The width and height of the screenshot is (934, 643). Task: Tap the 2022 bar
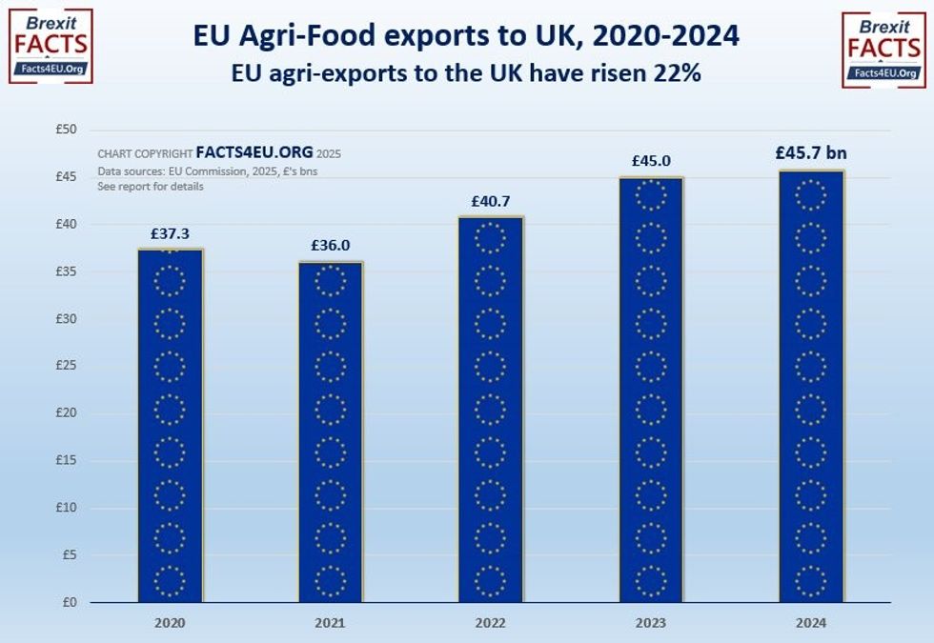pyautogui.click(x=491, y=410)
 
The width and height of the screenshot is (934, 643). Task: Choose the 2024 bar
pyautogui.click(x=811, y=386)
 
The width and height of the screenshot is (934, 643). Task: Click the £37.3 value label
pyautogui.click(x=170, y=233)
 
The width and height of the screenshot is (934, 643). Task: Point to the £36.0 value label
pyautogui.click(x=330, y=245)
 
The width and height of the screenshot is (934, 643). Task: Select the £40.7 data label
pyautogui.click(x=491, y=201)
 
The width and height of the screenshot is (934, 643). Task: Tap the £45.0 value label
pyautogui.click(x=651, y=161)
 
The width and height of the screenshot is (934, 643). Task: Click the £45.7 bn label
pyautogui.click(x=812, y=152)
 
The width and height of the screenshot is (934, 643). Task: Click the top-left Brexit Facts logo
pyautogui.click(x=51, y=47)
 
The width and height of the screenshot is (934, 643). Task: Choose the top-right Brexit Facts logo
pyautogui.click(x=883, y=50)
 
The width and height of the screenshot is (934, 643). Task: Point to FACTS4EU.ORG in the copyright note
pyautogui.click(x=254, y=152)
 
